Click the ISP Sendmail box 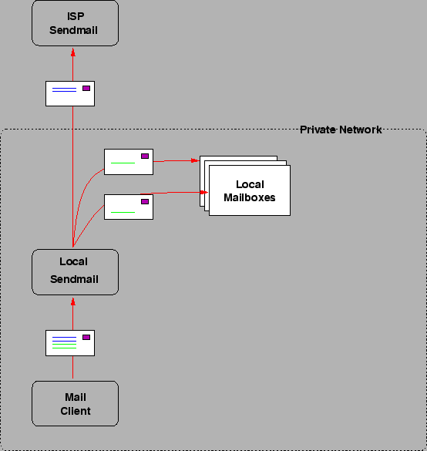pos(75,22)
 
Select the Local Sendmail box pos(75,271)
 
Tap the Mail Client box pos(75,403)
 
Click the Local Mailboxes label pos(249,191)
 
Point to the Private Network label pos(340,130)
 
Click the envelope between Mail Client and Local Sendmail pos(70,343)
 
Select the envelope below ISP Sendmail pos(70,93)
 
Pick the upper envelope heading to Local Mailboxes pos(129,162)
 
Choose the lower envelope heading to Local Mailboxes pos(129,207)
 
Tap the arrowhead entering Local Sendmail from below pos(73,301)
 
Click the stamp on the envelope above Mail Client pos(86,338)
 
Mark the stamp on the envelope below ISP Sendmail pos(86,88)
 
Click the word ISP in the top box pos(74,16)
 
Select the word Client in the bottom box pos(76,411)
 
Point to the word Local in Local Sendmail pos(73,262)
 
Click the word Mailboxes pos(249,198)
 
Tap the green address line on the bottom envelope pos(64,344)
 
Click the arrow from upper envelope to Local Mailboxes pos(177,161)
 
